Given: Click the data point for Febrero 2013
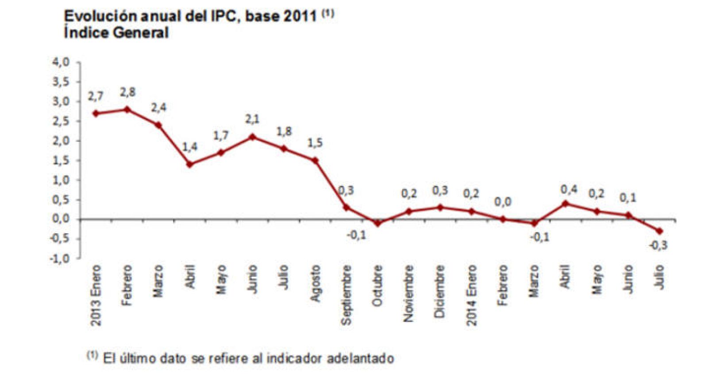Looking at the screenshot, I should click(127, 109).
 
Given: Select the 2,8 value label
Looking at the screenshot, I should click(127, 93).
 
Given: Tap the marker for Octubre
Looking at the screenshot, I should click(377, 223).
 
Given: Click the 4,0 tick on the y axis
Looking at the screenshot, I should click(61, 62).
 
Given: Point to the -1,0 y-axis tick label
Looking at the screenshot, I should click(59, 258).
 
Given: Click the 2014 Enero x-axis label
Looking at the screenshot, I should click(472, 295).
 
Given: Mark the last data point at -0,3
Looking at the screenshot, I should click(659, 231).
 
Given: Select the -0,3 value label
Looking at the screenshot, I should click(658, 245).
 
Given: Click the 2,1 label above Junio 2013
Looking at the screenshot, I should click(252, 119).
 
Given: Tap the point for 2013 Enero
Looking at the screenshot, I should click(96, 113).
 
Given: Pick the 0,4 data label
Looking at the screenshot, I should click(569, 189).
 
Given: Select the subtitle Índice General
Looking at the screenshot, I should click(116, 33).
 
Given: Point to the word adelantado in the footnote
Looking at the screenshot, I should click(360, 358).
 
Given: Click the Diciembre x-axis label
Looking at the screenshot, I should click(439, 291).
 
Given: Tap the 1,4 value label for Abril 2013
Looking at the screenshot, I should click(190, 147).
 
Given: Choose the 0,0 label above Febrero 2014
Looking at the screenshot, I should click(502, 202).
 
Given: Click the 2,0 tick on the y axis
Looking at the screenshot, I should click(61, 141).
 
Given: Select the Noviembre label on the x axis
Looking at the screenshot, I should click(408, 293).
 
